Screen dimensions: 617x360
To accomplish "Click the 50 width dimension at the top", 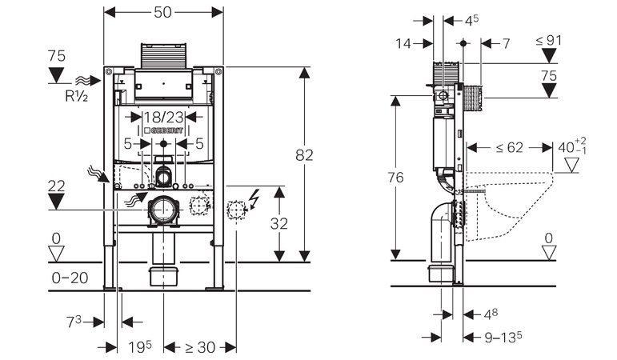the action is tap(162, 12).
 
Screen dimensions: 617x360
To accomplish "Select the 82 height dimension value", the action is tap(304, 155).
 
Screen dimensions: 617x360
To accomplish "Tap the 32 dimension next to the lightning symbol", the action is tap(279, 223).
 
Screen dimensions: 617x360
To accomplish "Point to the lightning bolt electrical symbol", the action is tap(254, 199).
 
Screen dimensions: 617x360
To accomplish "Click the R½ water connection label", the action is tap(76, 96).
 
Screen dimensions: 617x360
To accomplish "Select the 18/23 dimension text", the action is tap(163, 117).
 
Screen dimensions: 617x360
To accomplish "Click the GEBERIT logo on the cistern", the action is tap(163, 130).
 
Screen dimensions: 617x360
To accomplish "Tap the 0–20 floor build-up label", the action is tap(70, 278).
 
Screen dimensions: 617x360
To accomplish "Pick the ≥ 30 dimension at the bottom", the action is tap(200, 347).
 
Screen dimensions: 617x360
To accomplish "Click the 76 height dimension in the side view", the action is tap(395, 178).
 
